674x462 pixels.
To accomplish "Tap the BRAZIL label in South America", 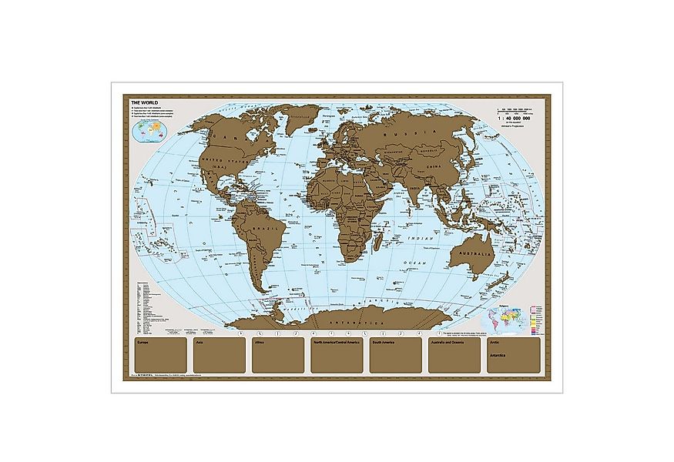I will click(x=271, y=232).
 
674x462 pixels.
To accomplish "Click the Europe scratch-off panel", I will click(x=160, y=357).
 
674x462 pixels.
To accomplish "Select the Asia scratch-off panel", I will click(x=220, y=357).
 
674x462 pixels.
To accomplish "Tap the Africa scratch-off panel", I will click(x=278, y=357).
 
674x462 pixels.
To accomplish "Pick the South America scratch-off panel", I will click(x=395, y=357).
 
